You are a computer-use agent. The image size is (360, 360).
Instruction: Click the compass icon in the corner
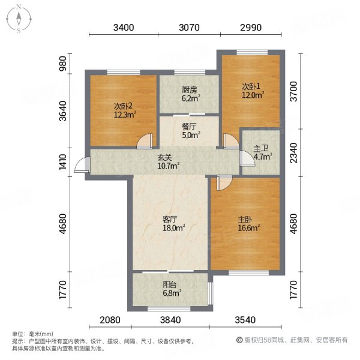click(x=19, y=19)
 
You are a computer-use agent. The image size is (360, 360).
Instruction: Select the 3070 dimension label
click(x=190, y=28)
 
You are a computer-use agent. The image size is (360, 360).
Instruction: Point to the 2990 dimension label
click(x=252, y=28)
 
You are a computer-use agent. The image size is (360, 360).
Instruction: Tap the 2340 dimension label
click(x=294, y=152)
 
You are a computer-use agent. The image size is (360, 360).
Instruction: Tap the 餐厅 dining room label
click(x=190, y=127)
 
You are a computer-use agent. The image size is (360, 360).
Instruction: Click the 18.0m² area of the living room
click(x=175, y=228)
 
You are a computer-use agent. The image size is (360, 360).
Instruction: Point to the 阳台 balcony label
click(x=171, y=287)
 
